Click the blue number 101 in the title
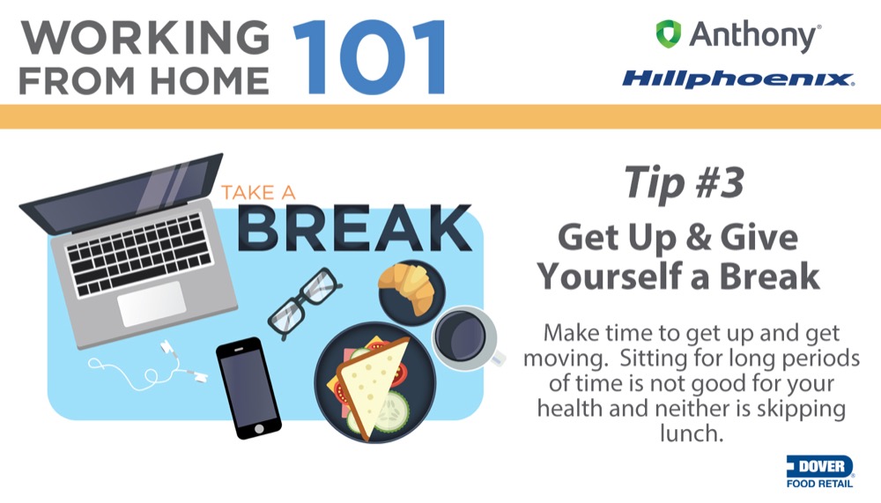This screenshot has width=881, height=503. tap(369, 56)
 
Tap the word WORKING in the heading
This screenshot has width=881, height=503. tap(145, 38)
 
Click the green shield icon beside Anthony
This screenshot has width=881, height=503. tap(668, 33)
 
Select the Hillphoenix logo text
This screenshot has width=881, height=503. tap(737, 79)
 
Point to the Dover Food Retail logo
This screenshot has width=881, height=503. tap(819, 471)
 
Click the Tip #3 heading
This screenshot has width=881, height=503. tap(684, 182)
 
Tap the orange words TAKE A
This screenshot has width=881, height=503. tap(258, 193)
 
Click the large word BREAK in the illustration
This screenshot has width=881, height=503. tap(354, 227)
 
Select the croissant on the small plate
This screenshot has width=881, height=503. tap(407, 286)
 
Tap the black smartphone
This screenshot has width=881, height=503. tap(249, 388)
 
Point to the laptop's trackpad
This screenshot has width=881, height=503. tap(152, 304)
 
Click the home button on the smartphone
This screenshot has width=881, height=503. tap(258, 429)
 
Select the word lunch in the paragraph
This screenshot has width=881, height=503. tap(690, 433)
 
